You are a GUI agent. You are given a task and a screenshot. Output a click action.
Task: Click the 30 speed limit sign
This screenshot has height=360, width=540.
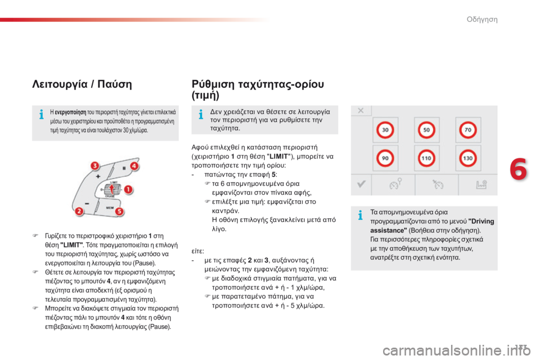385,130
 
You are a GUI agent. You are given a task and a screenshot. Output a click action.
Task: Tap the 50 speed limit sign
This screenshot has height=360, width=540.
426,130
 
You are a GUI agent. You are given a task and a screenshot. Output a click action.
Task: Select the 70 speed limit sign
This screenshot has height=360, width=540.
467,130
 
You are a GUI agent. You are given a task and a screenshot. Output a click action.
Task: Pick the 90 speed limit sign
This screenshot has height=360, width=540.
385,158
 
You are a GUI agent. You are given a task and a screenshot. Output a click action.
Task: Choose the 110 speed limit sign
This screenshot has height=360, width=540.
426,158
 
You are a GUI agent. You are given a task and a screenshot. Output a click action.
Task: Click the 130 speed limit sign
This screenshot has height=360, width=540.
467,158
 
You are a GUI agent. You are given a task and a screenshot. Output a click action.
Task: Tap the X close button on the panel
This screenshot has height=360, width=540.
361,111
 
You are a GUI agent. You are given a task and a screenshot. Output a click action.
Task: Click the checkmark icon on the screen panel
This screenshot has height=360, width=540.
361,184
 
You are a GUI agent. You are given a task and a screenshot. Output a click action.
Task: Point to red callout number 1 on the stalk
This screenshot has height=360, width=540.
128,190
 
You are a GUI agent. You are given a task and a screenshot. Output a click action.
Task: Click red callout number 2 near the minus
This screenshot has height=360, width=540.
79,211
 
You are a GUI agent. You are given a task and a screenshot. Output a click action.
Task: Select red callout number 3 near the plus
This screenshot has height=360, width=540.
94,166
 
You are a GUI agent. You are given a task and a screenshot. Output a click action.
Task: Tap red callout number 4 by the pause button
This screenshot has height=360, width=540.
134,166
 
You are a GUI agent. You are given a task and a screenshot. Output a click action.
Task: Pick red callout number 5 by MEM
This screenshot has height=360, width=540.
119,211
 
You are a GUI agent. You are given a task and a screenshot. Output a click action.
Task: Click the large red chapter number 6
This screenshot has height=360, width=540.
518,169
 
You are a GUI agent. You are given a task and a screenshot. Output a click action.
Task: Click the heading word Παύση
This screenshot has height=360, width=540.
115,84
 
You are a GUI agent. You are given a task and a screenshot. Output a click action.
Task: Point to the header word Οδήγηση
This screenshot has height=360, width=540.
482,19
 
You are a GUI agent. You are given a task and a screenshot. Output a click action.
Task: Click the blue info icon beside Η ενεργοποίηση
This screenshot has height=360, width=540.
41,114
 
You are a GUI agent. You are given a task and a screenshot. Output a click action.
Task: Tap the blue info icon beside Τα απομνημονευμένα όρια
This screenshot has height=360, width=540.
360,215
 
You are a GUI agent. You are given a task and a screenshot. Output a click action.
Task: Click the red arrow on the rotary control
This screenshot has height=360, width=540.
111,188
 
